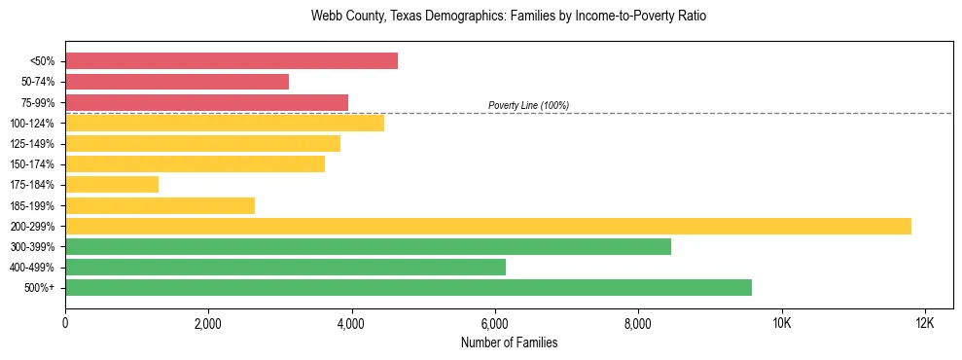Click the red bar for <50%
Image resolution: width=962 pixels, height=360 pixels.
(232, 60)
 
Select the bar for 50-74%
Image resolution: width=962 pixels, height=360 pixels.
(177, 82)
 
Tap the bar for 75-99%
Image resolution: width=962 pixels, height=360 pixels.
(206, 102)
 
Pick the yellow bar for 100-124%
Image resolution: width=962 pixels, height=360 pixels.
(225, 123)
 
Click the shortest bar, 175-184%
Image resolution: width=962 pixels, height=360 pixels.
(112, 185)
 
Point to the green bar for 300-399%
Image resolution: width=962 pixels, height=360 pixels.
(368, 247)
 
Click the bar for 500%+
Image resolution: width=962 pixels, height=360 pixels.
(409, 288)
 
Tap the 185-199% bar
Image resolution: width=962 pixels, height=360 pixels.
(160, 205)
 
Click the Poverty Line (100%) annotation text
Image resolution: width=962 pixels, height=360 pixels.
(528, 105)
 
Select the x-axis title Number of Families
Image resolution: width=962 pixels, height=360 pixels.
(509, 343)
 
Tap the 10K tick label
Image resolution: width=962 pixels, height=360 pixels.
(781, 323)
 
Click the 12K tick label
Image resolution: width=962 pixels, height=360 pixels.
(924, 323)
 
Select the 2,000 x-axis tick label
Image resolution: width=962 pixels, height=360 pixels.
(208, 323)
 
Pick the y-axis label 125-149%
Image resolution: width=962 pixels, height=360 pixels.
(31, 144)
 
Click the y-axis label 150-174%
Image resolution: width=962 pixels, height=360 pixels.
(31, 164)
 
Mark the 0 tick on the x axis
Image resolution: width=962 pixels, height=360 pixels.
(65, 323)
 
